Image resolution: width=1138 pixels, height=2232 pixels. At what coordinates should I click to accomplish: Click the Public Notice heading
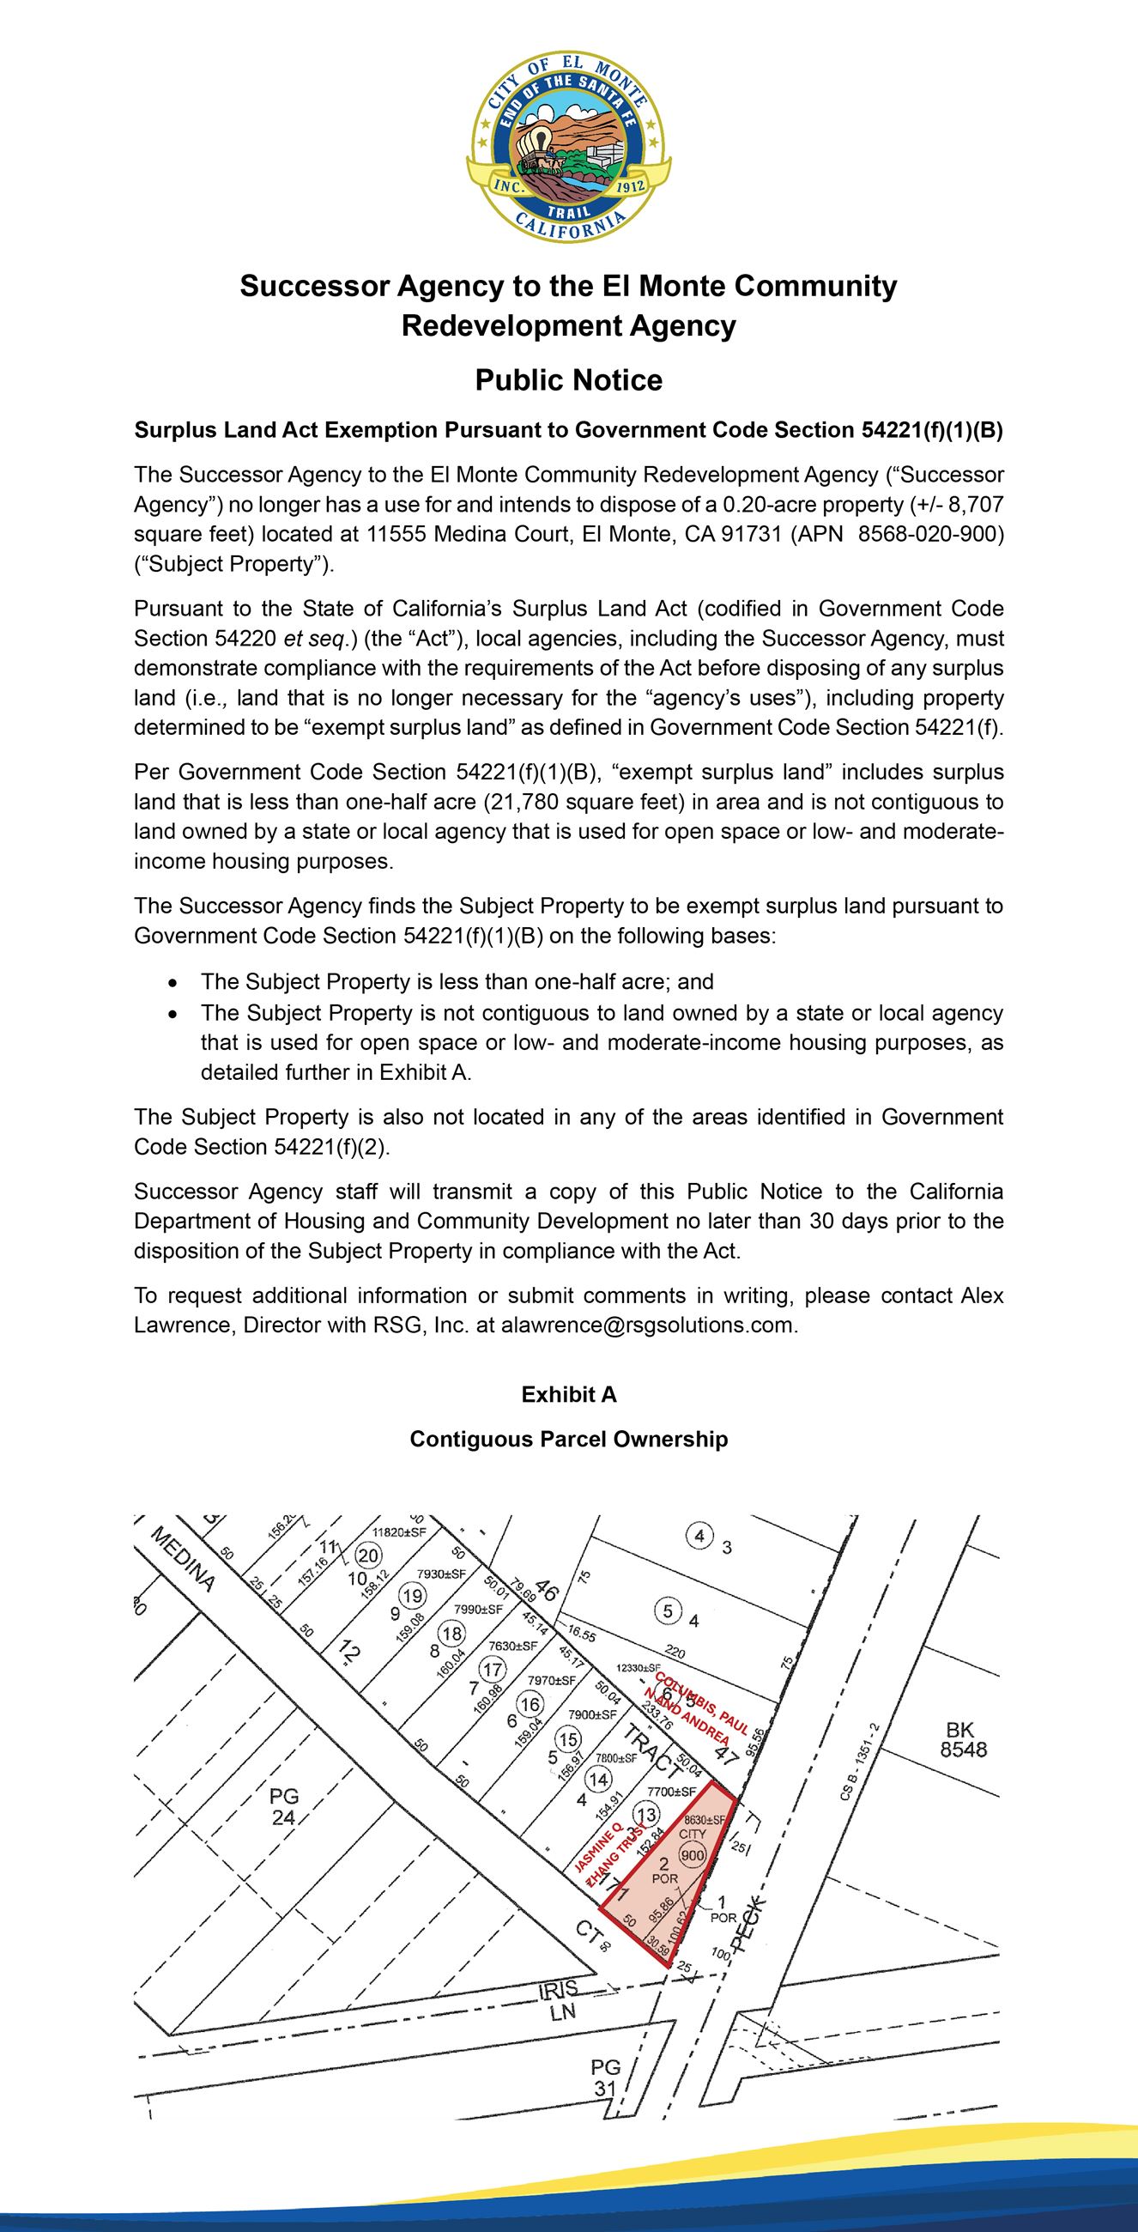pos(568,380)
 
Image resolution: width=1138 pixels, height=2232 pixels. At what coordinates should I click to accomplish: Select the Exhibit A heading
pos(568,1394)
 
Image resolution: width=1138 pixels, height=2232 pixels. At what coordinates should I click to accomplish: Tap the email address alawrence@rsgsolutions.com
pos(647,1325)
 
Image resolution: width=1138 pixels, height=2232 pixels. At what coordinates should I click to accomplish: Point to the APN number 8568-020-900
pos(930,534)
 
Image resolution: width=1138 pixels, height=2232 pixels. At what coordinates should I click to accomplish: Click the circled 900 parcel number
pos(692,1855)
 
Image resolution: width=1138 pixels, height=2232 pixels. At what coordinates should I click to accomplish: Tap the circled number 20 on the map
pos(368,1556)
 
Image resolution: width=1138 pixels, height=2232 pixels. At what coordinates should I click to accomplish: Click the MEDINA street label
pos(183,1560)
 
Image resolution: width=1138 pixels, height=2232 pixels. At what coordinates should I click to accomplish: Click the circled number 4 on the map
pos(699,1537)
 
